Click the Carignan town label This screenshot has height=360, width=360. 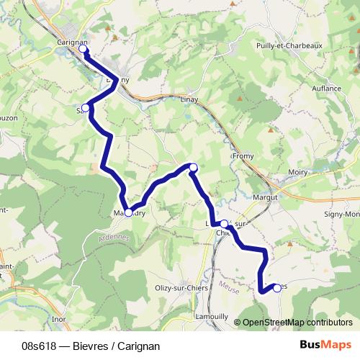point(71,42)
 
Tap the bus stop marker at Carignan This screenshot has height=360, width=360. point(84,50)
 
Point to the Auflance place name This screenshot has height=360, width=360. point(327,88)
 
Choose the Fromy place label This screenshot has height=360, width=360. point(242,155)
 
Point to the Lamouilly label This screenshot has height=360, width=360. point(212,316)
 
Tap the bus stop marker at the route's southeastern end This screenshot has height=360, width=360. point(277,288)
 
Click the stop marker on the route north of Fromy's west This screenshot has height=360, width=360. point(193,167)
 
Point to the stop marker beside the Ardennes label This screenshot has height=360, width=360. point(128,212)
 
